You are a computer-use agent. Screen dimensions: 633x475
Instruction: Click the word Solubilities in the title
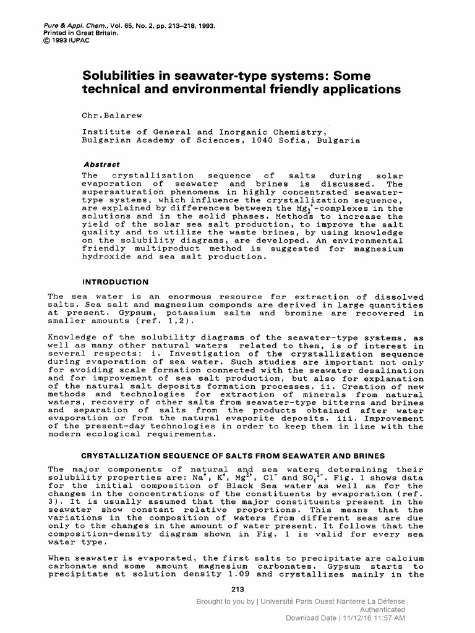(x=122, y=76)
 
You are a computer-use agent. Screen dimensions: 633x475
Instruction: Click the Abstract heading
(x=101, y=165)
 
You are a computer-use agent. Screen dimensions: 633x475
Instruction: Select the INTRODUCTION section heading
(x=116, y=282)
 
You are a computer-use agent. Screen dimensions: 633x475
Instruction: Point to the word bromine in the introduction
(x=303, y=313)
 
